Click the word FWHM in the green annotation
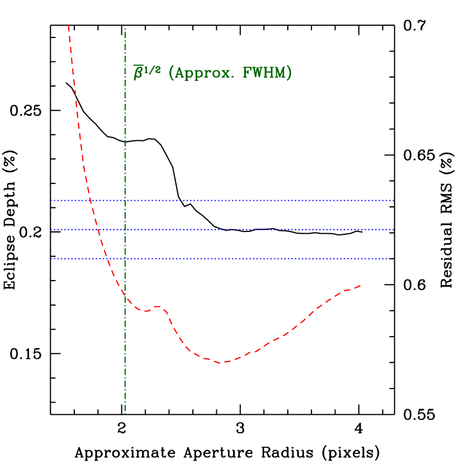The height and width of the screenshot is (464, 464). click(x=264, y=73)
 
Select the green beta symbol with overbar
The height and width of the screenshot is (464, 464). click(x=138, y=73)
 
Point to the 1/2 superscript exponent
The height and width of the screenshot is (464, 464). click(x=153, y=69)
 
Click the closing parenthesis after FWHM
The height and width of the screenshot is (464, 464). click(x=289, y=73)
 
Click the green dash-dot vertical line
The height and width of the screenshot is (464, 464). click(x=125, y=140)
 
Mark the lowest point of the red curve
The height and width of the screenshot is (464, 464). click(x=222, y=363)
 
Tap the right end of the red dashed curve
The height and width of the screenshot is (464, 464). click(x=361, y=286)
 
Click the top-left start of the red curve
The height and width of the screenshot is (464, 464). click(x=69, y=26)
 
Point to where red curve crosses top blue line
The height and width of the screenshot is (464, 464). click(x=90, y=200)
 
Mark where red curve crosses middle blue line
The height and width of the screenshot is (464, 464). click(x=98, y=229)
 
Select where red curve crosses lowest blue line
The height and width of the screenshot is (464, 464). click(x=107, y=258)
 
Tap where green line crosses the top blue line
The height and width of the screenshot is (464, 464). click(x=125, y=200)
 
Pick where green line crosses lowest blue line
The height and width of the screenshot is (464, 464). click(x=125, y=258)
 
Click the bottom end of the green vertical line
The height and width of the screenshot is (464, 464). click(x=125, y=413)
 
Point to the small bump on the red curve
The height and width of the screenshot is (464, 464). click(x=158, y=307)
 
